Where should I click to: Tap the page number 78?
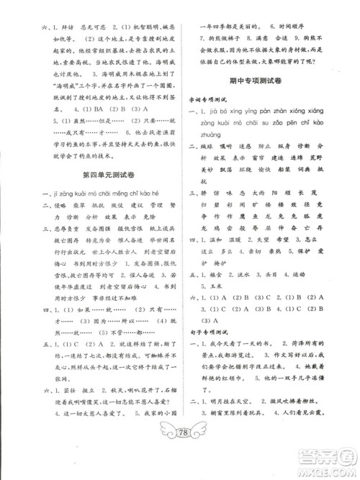tap(179, 451)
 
